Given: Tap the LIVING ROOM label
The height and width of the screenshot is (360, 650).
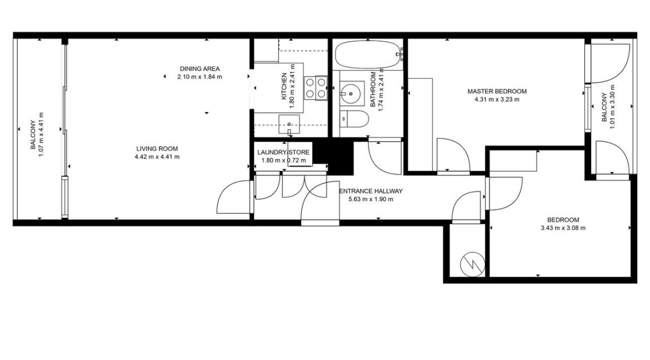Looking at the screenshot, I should point(157,148).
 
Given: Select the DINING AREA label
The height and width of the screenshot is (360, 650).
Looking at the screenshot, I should point(199,69).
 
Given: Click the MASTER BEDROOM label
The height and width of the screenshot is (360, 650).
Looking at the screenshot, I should point(497,92).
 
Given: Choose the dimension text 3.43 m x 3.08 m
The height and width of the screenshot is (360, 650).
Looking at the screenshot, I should point(563,228).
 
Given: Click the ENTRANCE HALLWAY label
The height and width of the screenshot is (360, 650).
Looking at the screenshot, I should point(371,191).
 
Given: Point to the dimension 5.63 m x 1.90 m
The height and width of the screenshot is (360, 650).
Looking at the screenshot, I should point(370,199).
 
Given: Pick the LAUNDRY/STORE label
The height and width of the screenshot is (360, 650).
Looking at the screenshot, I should point(283,152).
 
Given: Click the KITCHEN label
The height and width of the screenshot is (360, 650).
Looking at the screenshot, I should point(284,87).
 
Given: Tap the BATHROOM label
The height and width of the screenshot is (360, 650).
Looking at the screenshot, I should point(373,89).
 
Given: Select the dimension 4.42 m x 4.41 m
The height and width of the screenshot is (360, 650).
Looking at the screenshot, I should point(157,157).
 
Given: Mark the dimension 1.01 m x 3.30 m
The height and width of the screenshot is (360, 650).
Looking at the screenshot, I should point(612,107).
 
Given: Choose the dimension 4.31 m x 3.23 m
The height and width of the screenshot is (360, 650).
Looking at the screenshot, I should point(497,100).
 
